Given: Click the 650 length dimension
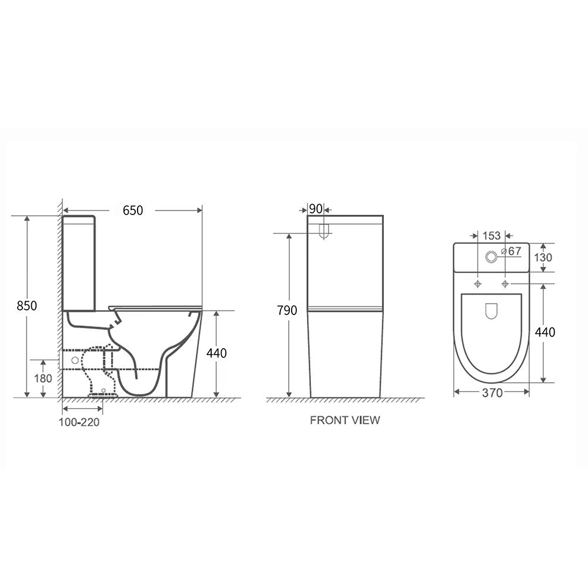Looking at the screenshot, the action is [133, 211].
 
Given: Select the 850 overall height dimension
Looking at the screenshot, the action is [27, 306].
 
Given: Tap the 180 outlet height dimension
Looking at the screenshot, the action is [43, 378].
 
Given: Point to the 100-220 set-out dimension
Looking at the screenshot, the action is [79, 422].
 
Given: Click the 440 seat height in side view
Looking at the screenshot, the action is [216, 353].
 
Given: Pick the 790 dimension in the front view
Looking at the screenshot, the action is [288, 310].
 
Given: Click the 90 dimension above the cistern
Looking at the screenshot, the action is [316, 209].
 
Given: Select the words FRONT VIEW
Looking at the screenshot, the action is [345, 420].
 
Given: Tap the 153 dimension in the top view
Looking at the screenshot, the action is [492, 236].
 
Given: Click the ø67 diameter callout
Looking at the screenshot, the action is [512, 251].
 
